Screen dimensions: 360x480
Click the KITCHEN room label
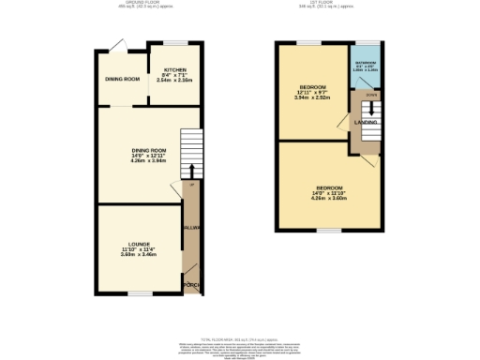click(x=175, y=70)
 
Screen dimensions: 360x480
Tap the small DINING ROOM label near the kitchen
click(x=122, y=80)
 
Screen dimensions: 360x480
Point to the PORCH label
click(x=191, y=284)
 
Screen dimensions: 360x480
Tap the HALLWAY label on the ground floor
click(x=191, y=228)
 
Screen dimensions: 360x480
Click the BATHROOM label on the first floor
click(x=366, y=63)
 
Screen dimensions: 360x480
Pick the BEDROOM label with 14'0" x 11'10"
click(x=328, y=188)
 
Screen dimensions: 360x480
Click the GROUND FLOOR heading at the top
click(x=146, y=4)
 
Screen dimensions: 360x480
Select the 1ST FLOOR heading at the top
click(x=327, y=4)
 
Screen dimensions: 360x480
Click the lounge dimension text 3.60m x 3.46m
click(x=140, y=254)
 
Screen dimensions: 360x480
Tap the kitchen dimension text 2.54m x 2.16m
click(x=175, y=82)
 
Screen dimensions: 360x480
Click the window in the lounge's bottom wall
click(x=140, y=293)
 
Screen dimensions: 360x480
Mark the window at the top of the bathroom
click(x=367, y=44)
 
